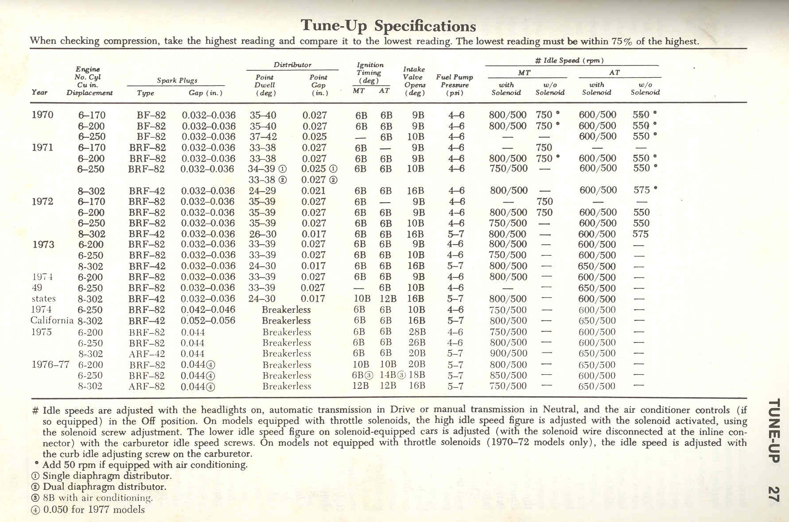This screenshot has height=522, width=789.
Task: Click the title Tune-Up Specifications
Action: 388,25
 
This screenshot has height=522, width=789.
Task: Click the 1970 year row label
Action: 43,115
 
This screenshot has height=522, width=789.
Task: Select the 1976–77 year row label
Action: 51,365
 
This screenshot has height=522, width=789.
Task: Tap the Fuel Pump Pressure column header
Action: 455,84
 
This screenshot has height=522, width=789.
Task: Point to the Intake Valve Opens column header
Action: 414,81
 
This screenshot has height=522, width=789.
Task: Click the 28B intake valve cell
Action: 417,332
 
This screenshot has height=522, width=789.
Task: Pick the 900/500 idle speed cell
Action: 508,353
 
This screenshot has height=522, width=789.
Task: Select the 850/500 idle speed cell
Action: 508,375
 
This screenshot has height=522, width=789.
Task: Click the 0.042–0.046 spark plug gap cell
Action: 208,310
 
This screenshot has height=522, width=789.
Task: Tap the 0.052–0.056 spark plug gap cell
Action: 208,321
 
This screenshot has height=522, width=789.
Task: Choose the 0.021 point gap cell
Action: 314,191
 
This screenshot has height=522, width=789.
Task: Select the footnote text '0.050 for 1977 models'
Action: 94,509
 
